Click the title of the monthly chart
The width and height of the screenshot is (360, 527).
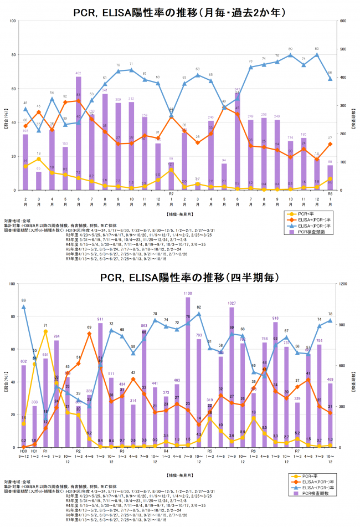(179, 11)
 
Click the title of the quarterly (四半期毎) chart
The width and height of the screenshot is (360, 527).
(179, 276)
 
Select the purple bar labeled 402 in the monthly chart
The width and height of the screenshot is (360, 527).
(79, 133)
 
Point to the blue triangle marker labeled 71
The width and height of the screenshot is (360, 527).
(131, 70)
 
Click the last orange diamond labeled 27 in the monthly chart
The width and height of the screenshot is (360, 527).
(330, 144)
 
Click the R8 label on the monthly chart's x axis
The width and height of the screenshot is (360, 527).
(330, 194)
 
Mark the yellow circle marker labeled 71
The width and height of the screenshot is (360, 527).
(45, 331)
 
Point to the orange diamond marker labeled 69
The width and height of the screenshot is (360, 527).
(89, 335)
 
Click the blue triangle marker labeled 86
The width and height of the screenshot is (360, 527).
(23, 307)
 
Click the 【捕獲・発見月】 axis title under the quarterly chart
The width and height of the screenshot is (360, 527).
(179, 475)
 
